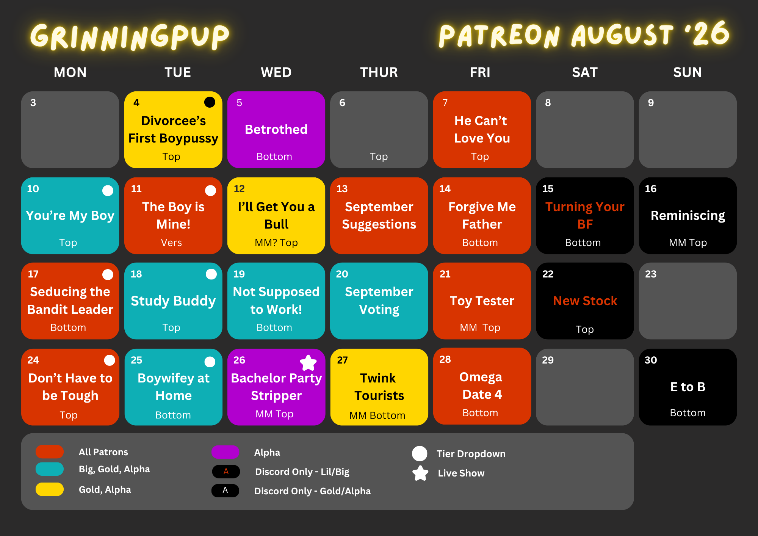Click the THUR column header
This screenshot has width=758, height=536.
(379, 72)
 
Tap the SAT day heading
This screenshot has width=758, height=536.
(585, 72)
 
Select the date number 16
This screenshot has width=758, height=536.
(650, 189)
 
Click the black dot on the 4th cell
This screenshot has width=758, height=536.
(210, 102)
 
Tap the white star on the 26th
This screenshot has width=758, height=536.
(309, 363)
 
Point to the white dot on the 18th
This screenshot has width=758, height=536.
(211, 274)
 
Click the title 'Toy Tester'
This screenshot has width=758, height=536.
(482, 301)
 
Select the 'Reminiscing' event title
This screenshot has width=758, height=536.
(688, 216)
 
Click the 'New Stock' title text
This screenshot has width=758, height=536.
(585, 301)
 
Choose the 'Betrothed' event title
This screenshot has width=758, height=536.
(276, 130)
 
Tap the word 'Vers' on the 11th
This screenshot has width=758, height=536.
(171, 243)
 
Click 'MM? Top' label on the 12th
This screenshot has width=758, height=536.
(276, 243)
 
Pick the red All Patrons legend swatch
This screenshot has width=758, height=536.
(50, 451)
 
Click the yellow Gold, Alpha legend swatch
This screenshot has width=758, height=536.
(50, 489)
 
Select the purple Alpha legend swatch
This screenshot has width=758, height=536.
(226, 452)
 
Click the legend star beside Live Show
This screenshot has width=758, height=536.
(420, 473)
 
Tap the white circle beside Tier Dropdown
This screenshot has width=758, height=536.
(420, 454)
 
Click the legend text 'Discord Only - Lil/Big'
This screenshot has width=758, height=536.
(302, 472)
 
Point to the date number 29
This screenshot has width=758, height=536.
(548, 360)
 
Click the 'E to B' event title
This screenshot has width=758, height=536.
(688, 387)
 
